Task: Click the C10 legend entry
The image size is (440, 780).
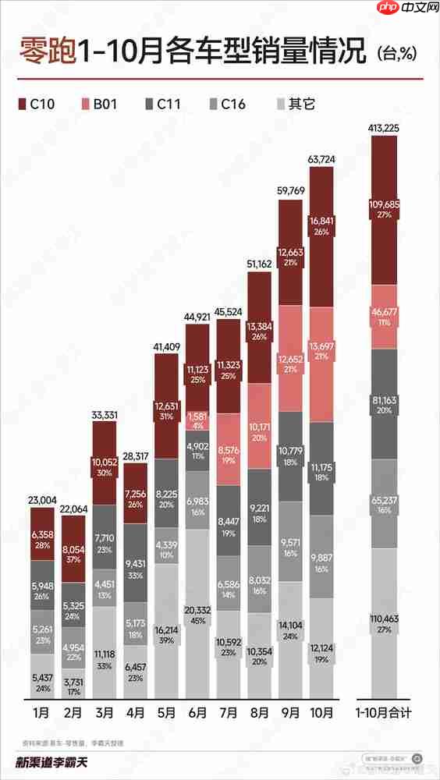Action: tap(39, 103)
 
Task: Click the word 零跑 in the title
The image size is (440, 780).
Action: tap(48, 53)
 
